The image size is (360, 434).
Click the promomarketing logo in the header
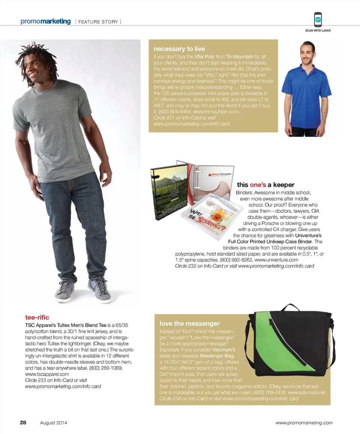45,21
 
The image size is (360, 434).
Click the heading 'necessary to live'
179,49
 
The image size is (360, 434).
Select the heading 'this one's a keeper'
265,185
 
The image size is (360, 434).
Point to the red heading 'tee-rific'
37,318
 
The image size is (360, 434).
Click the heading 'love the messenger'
190,323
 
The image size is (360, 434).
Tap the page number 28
23,422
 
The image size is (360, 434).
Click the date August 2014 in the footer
54,423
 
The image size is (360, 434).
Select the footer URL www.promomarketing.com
304,423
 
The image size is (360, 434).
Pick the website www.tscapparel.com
47,374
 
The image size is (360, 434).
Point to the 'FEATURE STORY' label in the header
98,22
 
